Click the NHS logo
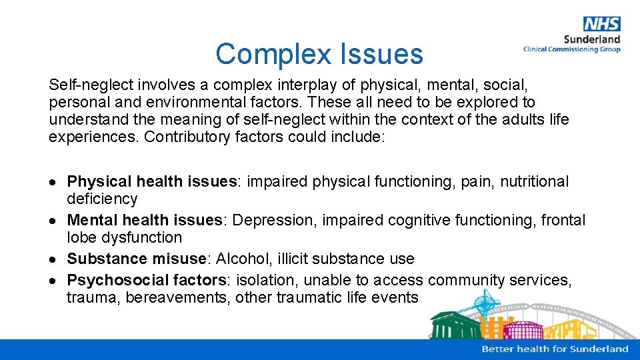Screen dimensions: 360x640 [x=601, y=24]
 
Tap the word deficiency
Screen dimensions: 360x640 [x=102, y=199]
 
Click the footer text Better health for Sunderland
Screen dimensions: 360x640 [x=555, y=349]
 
